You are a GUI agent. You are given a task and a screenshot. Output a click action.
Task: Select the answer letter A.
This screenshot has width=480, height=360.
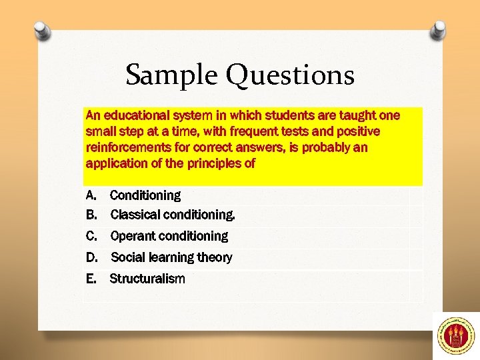91,195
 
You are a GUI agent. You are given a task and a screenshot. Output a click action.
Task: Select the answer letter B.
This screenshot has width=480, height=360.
91,215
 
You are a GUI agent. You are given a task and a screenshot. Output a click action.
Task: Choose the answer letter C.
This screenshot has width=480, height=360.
91,236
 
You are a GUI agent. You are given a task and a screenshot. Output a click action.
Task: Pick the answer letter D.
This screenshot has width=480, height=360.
91,257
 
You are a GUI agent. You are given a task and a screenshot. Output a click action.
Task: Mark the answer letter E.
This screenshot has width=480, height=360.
91,279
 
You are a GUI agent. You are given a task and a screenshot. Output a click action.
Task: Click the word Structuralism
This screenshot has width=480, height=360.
147,279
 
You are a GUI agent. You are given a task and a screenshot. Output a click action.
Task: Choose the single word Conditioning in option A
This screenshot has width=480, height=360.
145,195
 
